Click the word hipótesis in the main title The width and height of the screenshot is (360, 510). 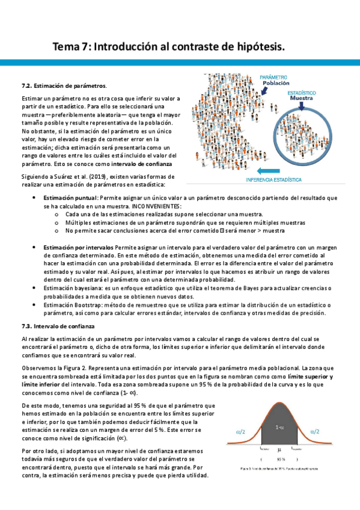tap(254, 46)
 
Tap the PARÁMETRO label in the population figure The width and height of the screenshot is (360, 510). tap(273, 78)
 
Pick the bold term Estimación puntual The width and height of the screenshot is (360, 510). tap(70, 197)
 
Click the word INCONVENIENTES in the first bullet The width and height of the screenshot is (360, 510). tap(139, 206)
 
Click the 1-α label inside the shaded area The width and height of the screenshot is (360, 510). tap(279, 427)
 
